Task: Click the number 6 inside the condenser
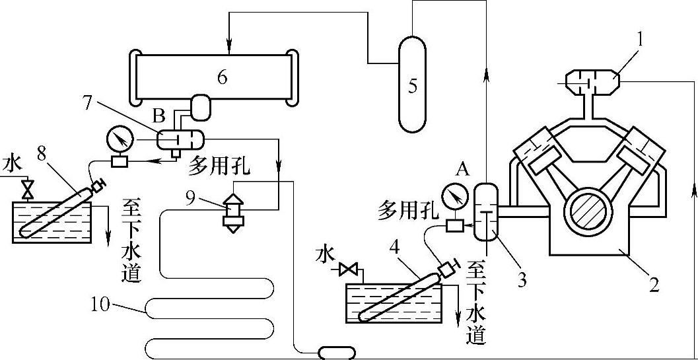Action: (221, 77)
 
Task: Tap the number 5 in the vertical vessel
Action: (413, 87)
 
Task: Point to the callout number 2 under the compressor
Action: (653, 285)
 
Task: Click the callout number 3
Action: (522, 280)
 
